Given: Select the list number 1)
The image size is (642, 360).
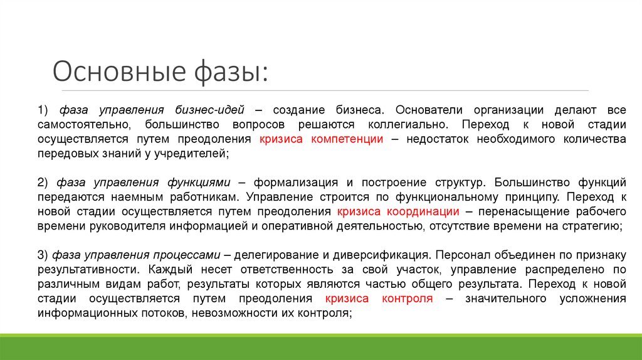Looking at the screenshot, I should pos(43,110).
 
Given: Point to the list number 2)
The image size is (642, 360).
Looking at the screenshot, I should pos(43,183).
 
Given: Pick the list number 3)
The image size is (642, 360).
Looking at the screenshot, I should pos(43,255).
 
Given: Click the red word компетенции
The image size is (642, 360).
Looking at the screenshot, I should pos(347,139).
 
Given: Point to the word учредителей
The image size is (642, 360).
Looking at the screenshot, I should pos(191,154).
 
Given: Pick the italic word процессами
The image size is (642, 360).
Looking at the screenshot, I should pos(185,255).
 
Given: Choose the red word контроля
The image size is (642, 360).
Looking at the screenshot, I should pos(407,299).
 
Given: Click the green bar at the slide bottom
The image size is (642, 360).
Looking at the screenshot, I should pos(321,348).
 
